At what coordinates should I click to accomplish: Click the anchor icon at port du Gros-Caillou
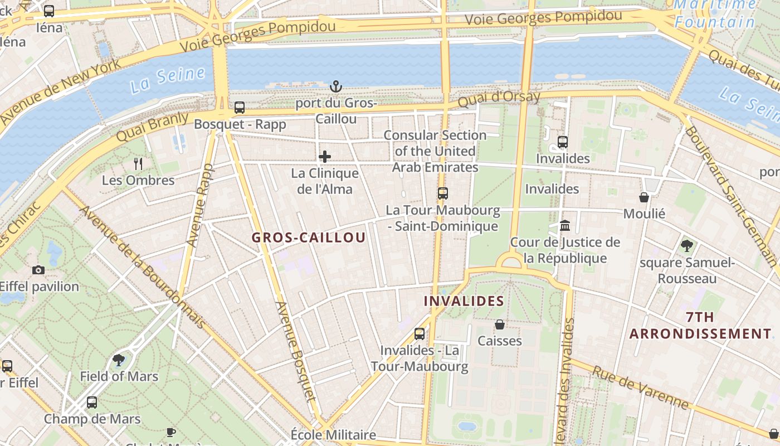335,86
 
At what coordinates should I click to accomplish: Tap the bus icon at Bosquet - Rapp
240,108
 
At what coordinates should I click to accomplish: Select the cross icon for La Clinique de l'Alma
325,157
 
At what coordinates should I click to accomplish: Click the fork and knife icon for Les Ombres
138,163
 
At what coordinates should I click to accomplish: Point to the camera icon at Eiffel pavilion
38,270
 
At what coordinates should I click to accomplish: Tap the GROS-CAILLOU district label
309,237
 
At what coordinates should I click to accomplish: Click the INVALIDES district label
464,302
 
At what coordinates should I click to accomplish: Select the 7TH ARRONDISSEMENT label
700,326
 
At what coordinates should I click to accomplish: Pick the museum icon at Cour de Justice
565,226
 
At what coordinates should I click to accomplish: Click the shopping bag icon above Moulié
644,197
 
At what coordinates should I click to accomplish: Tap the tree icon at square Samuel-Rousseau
687,245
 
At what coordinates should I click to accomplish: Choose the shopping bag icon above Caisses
500,324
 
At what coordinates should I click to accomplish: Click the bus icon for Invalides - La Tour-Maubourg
420,334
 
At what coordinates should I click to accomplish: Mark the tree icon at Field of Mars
119,360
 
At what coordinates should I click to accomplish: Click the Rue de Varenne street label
640,387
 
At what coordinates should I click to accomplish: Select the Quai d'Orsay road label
499,100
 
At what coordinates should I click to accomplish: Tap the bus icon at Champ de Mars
92,403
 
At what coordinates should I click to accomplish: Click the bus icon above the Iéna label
49,11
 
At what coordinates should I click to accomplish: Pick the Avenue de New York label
61,91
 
